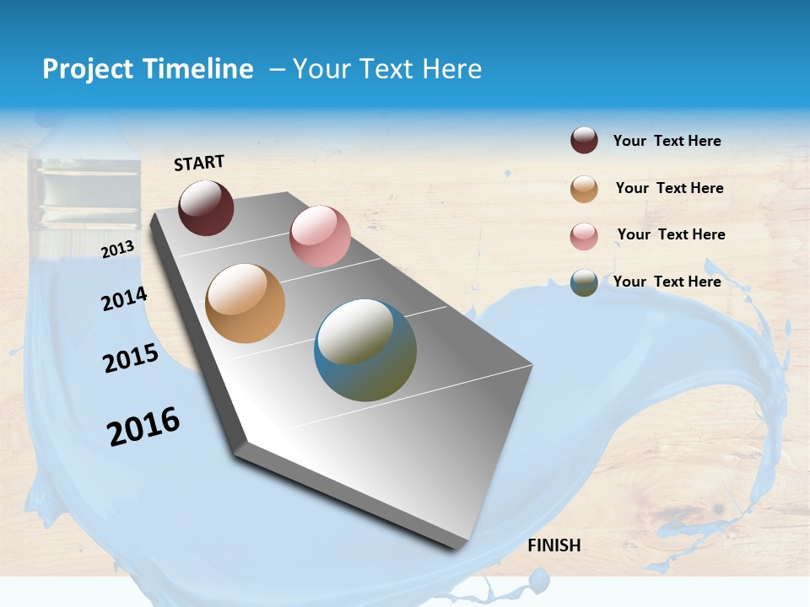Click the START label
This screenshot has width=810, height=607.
click(199, 163)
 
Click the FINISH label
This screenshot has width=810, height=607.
click(553, 545)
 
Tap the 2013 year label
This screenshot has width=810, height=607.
click(117, 249)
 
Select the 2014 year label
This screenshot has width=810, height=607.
click(124, 299)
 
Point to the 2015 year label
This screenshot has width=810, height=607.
click(131, 358)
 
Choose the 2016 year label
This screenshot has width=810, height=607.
click(143, 427)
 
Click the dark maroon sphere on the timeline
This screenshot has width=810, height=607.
click(206, 207)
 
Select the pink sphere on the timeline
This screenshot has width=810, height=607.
click(320, 236)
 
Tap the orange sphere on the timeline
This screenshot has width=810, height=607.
click(245, 303)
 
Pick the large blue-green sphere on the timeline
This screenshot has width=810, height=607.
click(365, 350)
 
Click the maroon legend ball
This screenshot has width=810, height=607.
click(584, 141)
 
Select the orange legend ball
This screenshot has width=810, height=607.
click(584, 189)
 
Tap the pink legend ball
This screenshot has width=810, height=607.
click(584, 236)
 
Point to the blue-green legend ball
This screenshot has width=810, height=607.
click(584, 282)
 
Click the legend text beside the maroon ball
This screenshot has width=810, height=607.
click(667, 141)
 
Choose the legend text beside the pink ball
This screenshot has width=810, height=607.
click(671, 234)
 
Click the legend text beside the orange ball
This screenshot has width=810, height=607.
click(669, 188)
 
